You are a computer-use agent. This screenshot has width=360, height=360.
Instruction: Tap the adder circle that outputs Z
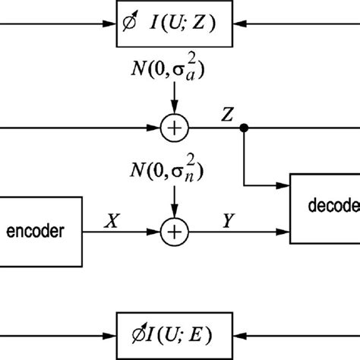[174, 130]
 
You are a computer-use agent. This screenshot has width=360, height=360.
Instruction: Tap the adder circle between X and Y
[174, 229]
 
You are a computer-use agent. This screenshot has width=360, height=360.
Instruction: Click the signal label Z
[227, 115]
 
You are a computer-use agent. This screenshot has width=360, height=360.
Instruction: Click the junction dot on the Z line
[243, 130]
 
